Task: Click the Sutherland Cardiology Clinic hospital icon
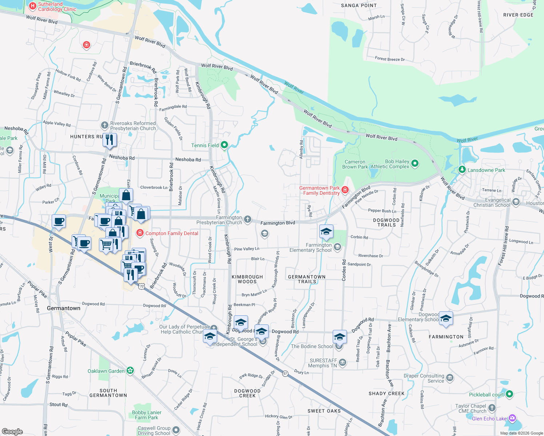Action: coord(32,6)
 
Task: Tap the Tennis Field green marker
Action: coord(224,145)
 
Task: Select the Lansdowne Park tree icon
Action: coord(462,169)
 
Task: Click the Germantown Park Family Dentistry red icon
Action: coord(345,190)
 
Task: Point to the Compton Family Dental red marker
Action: coord(140,233)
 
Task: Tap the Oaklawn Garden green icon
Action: coord(130,371)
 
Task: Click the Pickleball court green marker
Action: coord(509,394)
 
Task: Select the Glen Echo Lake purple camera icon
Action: coord(512,418)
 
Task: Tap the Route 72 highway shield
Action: coord(141,286)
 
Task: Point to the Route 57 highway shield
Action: coord(285,373)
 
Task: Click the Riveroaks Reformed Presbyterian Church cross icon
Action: coord(105,126)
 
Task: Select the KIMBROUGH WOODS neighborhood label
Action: coord(247,279)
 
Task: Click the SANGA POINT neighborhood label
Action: coord(359,5)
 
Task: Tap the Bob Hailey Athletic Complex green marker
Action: coord(415,163)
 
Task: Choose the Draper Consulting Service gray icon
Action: coord(450,378)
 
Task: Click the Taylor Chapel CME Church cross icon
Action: coord(492,408)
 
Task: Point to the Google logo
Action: coord(12,432)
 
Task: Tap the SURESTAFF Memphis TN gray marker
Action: coord(343,362)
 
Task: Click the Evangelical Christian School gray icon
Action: coord(516,202)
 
